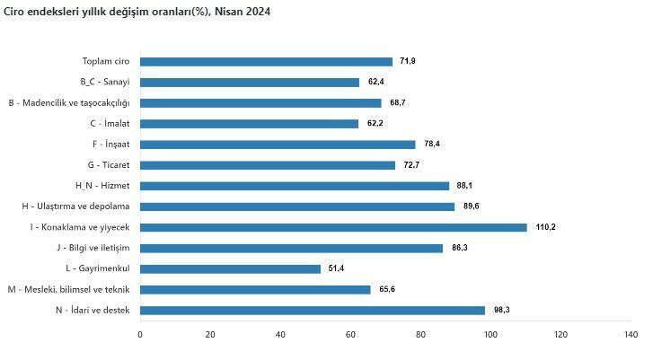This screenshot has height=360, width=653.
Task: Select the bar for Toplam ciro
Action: point(266,61)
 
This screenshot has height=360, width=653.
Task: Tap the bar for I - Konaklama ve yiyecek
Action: point(333,227)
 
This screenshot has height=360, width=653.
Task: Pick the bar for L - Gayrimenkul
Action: point(230,268)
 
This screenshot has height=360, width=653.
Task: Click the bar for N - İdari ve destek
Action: point(313,310)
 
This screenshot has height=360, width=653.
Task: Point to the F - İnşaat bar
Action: point(278,145)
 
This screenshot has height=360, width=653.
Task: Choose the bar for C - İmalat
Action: point(250,124)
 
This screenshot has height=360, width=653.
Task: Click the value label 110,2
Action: point(546,227)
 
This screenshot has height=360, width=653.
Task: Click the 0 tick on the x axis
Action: point(140,335)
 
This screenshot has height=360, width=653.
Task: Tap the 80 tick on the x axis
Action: point(420,335)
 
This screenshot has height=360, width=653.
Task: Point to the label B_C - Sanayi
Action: point(105,82)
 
